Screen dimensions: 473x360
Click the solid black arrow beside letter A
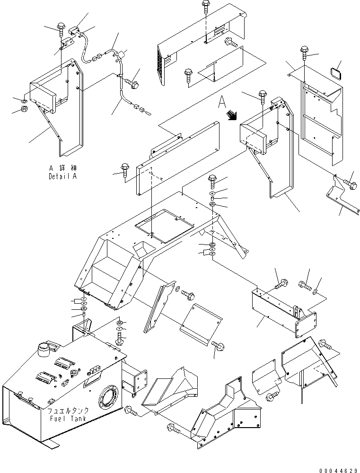[232, 115]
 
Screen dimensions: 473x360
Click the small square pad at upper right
[336, 72]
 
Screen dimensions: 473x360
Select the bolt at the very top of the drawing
[206, 7]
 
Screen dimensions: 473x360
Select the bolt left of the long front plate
[125, 171]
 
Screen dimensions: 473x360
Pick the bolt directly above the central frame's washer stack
[212, 182]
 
